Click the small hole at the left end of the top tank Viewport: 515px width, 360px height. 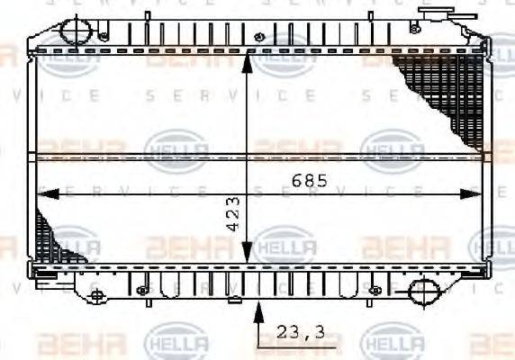pos(104,36)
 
